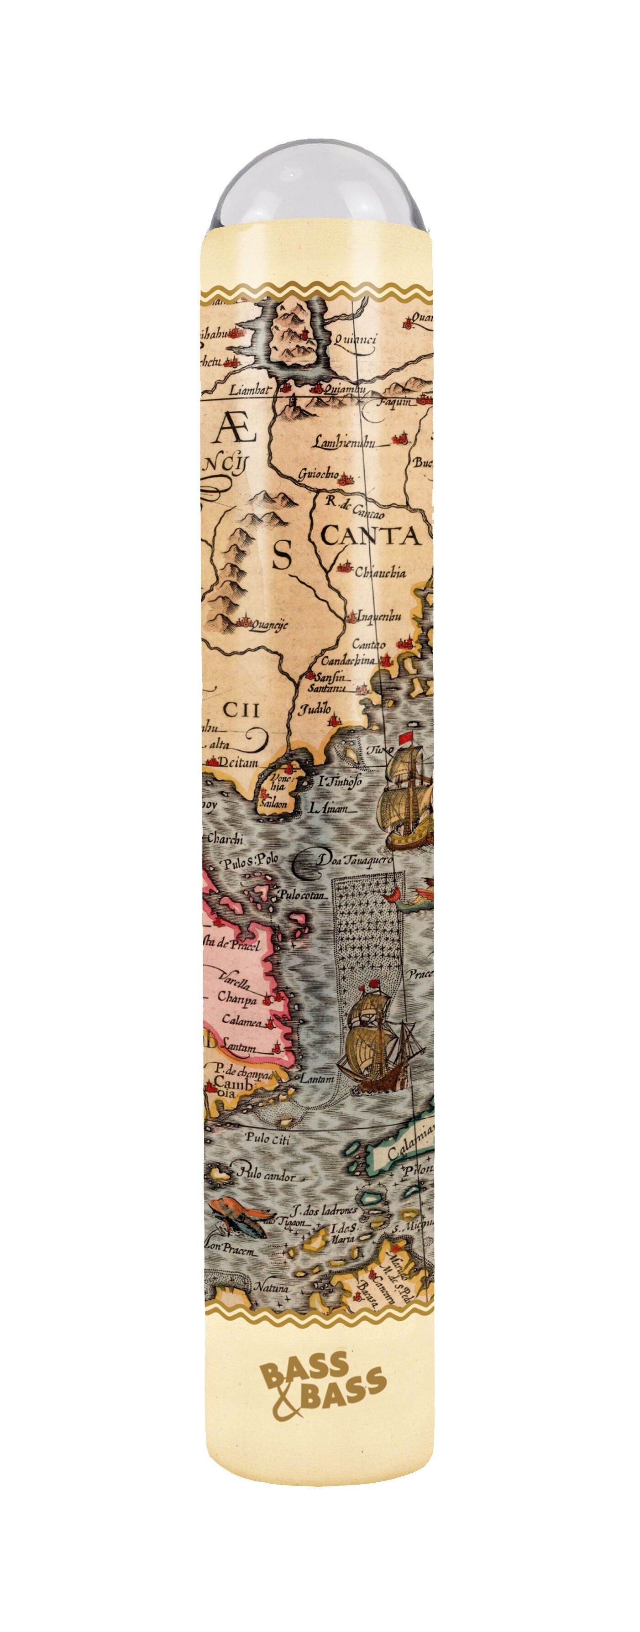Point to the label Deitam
[x=238, y=763]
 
